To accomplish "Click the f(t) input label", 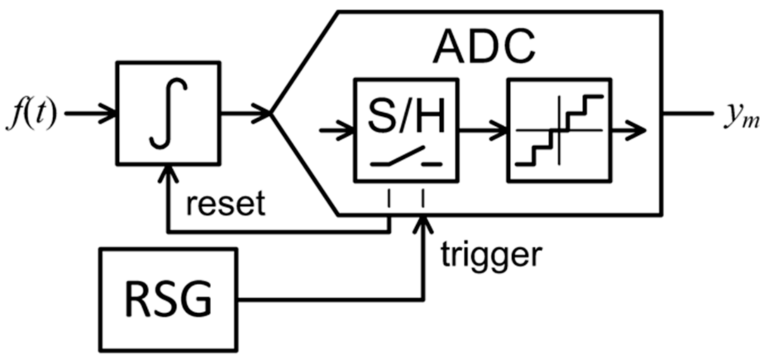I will tap(31, 114).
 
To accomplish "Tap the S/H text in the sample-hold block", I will tap(406, 116).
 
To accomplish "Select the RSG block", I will tap(168, 299).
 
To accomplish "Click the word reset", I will tap(225, 204).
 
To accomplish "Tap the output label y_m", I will tap(741, 116).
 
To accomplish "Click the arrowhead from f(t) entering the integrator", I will tap(109, 113).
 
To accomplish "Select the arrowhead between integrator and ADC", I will tap(263, 113).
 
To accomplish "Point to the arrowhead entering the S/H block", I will tap(346, 131).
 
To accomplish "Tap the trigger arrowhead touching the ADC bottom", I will tap(423, 223).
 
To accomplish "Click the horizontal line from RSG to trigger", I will tap(331, 299).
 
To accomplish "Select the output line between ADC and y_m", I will tap(688, 113).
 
